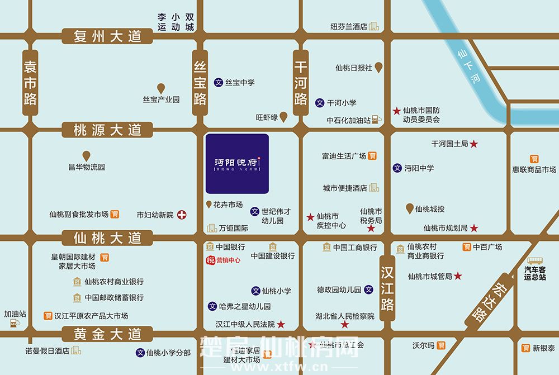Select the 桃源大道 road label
[x=108, y=130]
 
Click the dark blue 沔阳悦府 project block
[x=237, y=163]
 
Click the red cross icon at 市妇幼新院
[x=182, y=215]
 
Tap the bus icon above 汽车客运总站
[x=535, y=261]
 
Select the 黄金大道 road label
[x=108, y=334]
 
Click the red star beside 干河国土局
[x=474, y=144]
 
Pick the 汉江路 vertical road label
[x=387, y=288]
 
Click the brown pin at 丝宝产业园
[x=160, y=88]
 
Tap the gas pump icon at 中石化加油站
[x=378, y=119]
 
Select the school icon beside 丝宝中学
[x=219, y=82]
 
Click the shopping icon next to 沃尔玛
[x=442, y=345]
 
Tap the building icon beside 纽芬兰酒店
[x=373, y=26]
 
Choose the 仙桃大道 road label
[x=108, y=238]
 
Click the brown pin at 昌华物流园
[x=86, y=156]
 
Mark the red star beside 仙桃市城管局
[x=458, y=276]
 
